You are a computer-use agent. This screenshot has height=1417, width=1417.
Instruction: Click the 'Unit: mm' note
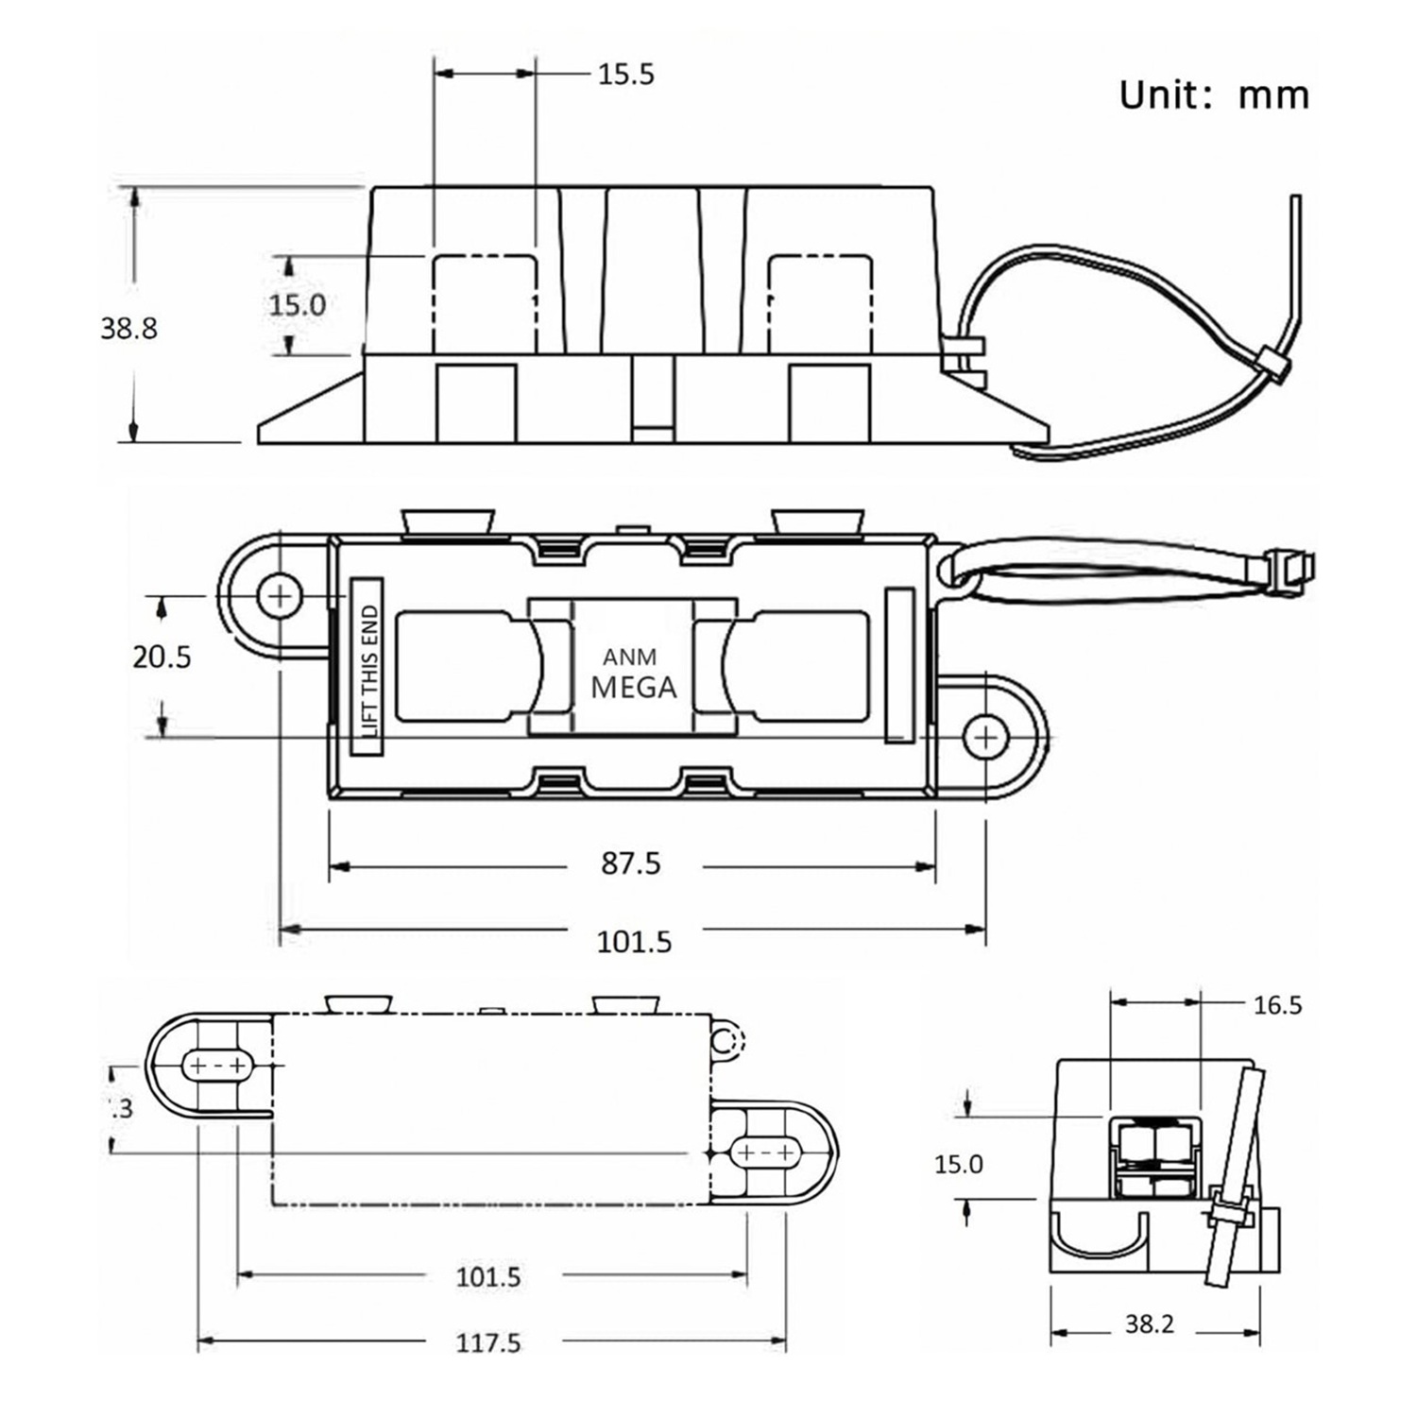[1214, 95]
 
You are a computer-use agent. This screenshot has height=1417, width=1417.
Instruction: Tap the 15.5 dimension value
[625, 74]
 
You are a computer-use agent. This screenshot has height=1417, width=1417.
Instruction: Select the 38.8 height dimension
[129, 328]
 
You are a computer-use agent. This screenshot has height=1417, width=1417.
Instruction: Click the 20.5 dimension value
[162, 656]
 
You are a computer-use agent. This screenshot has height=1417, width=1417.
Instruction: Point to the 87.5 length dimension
[631, 863]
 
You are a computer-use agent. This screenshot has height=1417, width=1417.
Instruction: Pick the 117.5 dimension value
[488, 1342]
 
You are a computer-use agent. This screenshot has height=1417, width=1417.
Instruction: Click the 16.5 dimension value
[1277, 1005]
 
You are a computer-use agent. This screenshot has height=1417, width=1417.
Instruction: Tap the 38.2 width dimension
[1149, 1324]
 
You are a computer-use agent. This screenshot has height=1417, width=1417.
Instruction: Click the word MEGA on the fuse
[633, 688]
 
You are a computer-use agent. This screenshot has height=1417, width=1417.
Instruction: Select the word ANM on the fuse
[630, 657]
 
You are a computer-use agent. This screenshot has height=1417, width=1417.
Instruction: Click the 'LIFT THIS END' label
[368, 669]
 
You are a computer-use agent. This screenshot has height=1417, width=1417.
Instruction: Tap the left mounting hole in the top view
[280, 596]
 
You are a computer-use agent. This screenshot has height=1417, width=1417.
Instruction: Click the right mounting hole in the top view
[985, 736]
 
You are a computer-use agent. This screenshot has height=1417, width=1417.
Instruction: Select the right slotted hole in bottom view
[767, 1153]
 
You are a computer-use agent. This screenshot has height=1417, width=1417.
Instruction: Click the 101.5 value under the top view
[634, 942]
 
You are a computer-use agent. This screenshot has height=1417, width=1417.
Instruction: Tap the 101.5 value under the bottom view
[488, 1277]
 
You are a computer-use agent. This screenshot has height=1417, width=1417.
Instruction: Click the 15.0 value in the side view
[297, 305]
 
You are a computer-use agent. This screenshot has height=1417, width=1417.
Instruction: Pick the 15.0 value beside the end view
[958, 1164]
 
